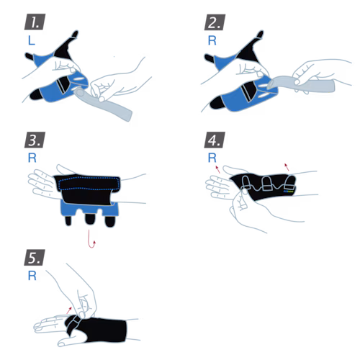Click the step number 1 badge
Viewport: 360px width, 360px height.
(35, 22)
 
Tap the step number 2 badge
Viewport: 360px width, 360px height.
(215, 22)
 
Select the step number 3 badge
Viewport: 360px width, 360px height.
(35, 140)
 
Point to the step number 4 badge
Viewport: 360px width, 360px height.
(215, 140)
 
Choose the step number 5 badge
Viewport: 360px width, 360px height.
(35, 258)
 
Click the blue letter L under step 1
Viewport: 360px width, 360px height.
(32, 40)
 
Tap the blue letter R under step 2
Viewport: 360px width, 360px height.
(212, 40)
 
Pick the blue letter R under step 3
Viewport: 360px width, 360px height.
(32, 158)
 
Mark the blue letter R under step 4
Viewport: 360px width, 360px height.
(212, 158)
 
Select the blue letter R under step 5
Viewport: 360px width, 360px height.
(32, 276)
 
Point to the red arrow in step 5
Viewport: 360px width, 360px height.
(69, 310)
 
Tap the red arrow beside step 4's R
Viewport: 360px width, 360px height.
(217, 169)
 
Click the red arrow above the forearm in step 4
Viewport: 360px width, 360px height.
(287, 167)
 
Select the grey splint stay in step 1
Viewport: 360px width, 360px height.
(103, 104)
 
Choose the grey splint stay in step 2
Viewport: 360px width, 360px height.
(301, 84)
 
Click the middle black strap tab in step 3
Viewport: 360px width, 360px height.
(89, 219)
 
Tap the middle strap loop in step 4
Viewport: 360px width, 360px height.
(266, 184)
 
